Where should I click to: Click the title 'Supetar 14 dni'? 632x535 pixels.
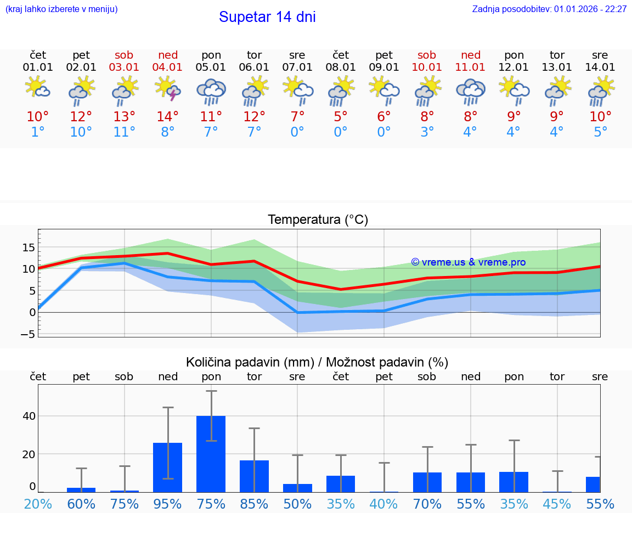pyautogui.click(x=267, y=17)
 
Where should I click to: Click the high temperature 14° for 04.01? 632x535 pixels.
pyautogui.click(x=168, y=116)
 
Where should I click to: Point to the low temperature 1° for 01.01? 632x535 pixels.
pyautogui.click(x=38, y=132)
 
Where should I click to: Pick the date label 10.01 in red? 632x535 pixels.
pyautogui.click(x=427, y=67)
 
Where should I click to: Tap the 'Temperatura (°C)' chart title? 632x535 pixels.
pyautogui.click(x=318, y=220)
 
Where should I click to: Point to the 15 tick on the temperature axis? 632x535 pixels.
pyautogui.click(x=29, y=247)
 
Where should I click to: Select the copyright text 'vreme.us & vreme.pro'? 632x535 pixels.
pyautogui.click(x=469, y=262)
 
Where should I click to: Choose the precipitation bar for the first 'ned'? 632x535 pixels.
pyautogui.click(x=168, y=467)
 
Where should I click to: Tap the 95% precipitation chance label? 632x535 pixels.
pyautogui.click(x=168, y=504)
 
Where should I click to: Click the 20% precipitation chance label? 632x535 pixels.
pyautogui.click(x=38, y=504)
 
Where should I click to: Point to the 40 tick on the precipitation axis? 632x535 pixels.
pyautogui.click(x=29, y=416)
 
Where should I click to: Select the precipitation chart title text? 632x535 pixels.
pyautogui.click(x=317, y=362)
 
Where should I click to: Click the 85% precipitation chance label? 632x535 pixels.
pyautogui.click(x=255, y=504)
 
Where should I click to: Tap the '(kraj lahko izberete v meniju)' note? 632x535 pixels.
pyautogui.click(x=61, y=9)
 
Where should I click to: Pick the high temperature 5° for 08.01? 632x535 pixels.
pyautogui.click(x=341, y=116)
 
